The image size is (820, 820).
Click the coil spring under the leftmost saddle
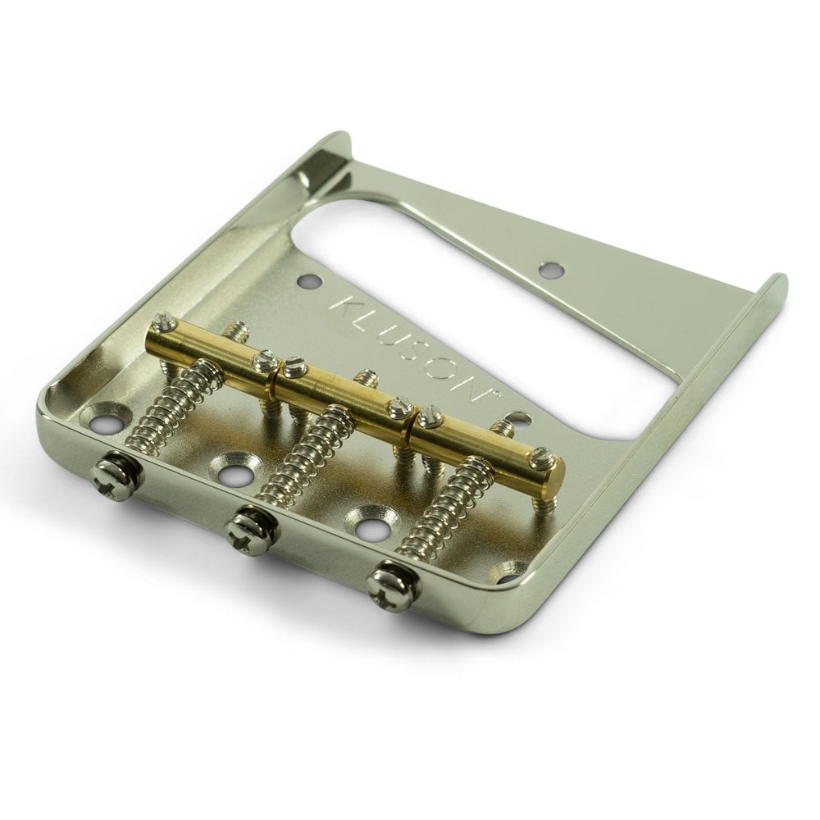click(168, 403)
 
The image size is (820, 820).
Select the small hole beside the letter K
click(310, 281)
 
